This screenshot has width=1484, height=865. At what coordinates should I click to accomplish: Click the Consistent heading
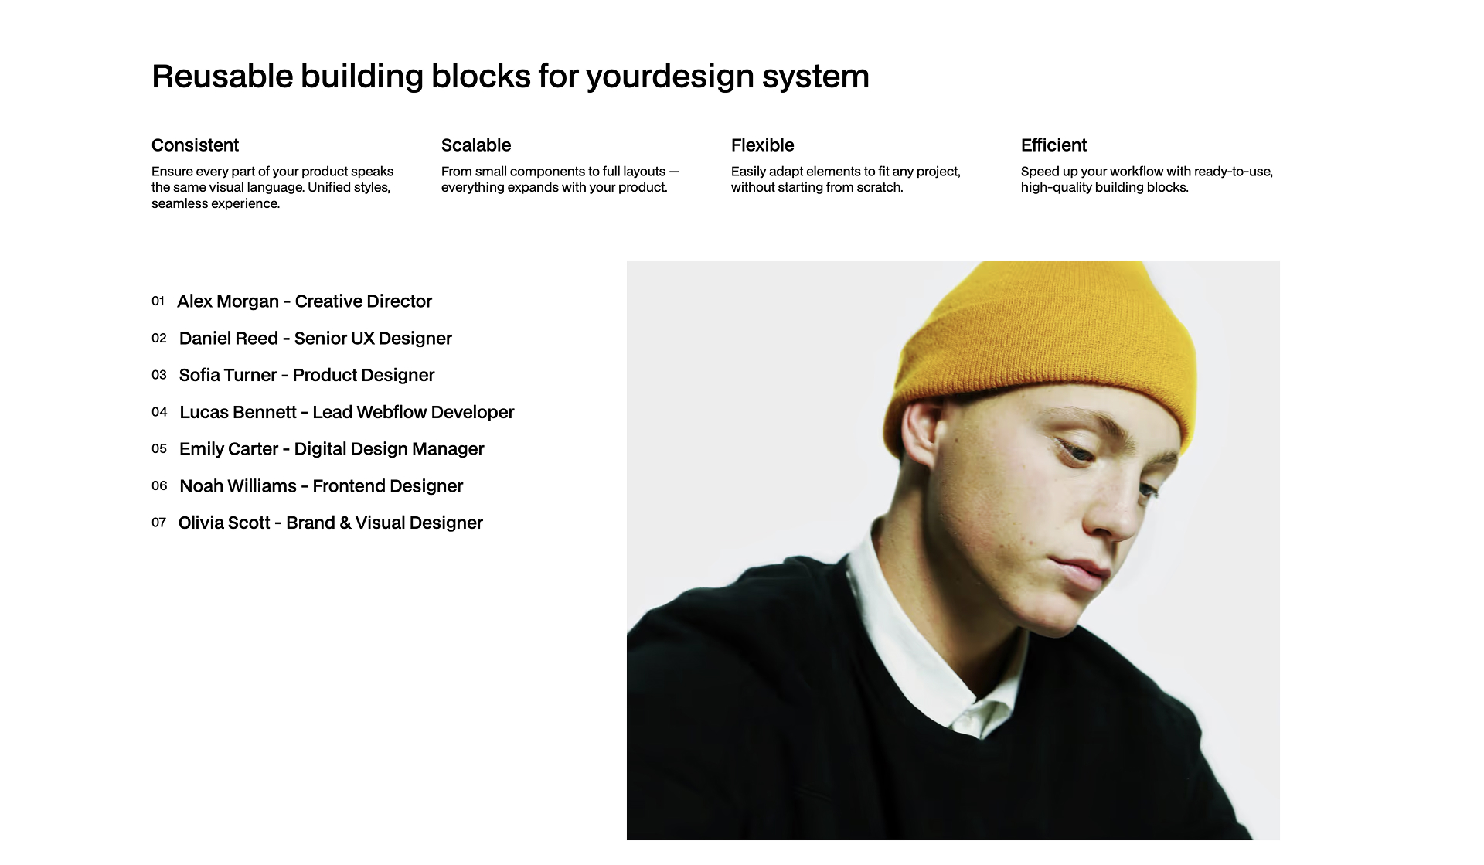195,145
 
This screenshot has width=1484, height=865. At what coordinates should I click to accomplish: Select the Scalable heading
476,145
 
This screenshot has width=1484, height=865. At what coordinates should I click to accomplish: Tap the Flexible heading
762,145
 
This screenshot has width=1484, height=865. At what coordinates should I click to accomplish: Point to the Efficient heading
1053,145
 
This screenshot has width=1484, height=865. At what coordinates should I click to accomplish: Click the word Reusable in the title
223,77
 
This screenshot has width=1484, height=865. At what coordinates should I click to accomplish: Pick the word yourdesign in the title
669,77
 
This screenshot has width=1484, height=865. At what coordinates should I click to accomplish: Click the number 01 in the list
158,301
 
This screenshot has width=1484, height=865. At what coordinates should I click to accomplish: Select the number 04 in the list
159,412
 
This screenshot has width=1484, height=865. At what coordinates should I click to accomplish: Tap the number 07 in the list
159,523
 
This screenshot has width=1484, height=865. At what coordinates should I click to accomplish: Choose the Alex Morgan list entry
305,301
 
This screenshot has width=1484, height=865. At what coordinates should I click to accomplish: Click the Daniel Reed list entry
315,339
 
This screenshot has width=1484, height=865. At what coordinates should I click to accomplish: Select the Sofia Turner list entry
307,376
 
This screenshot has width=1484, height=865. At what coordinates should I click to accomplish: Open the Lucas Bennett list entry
346,413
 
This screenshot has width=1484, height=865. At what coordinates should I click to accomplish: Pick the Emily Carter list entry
332,449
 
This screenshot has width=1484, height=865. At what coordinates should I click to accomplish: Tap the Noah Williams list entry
321,486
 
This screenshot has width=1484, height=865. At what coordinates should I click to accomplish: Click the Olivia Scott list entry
330,523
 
